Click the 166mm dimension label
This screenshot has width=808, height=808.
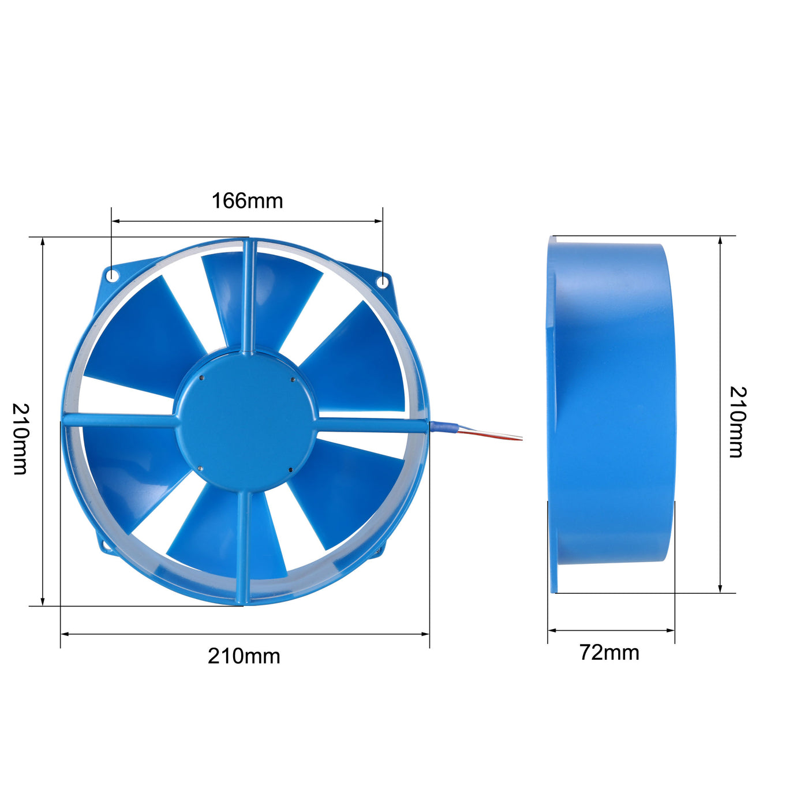[x=248, y=201]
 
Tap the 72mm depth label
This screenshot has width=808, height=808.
[x=609, y=652]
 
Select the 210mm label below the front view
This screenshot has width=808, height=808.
[x=244, y=656]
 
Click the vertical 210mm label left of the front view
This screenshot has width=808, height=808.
[x=21, y=439]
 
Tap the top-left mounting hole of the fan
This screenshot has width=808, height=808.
[x=112, y=275]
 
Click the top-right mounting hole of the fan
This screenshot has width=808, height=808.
[x=383, y=282]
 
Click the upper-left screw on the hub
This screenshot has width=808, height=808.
[x=201, y=377]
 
